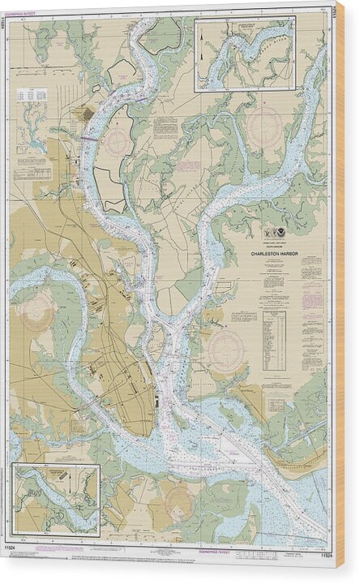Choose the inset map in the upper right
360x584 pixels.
pos(245,55)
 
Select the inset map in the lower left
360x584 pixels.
pos(55,499)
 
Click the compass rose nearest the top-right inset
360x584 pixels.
pos(264,128)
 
